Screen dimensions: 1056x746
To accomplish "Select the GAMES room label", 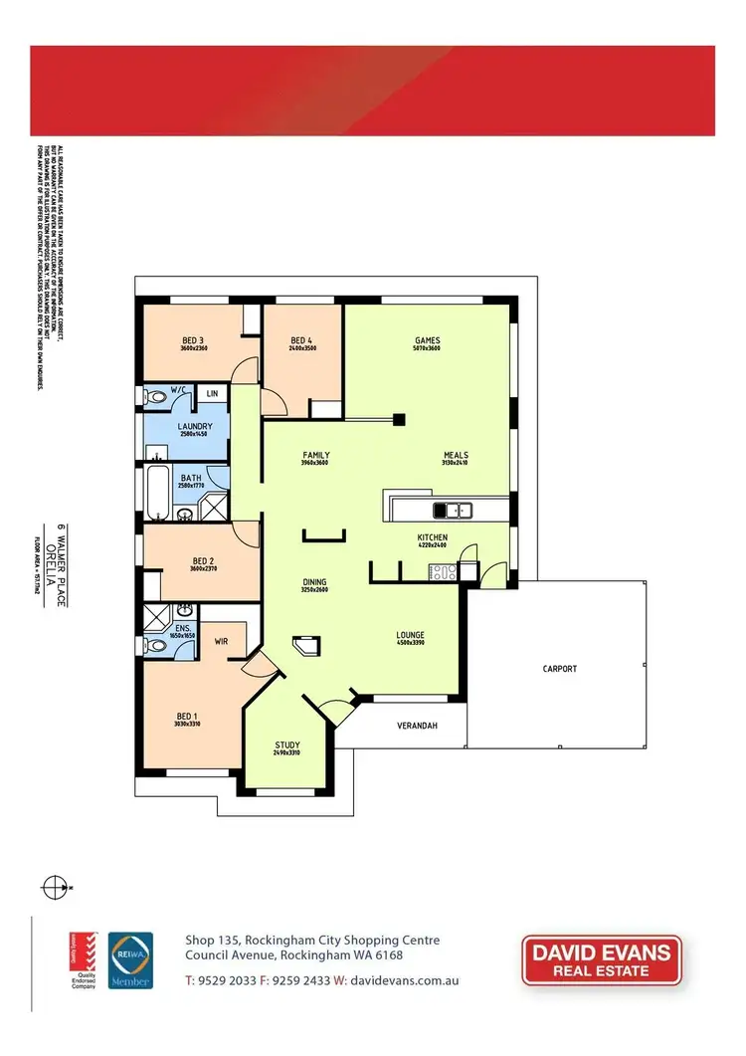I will [427, 340].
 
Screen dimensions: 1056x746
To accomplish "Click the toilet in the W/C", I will [155, 397].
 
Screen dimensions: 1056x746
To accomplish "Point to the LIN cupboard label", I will [211, 394].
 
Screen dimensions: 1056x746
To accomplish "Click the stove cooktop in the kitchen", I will [442, 571].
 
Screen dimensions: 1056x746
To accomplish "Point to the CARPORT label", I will [559, 669].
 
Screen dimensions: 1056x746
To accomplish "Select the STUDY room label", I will [286, 745].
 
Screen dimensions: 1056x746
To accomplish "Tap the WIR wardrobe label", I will [222, 642].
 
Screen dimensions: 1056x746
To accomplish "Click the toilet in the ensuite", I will [156, 645].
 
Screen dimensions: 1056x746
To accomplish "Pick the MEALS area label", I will [456, 456].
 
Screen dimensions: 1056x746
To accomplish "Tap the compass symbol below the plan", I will [57, 885].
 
